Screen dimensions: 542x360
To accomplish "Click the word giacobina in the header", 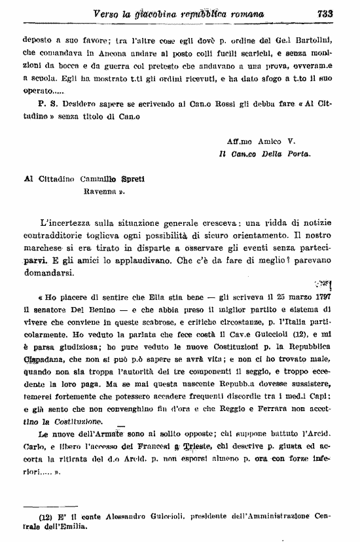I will coord(164,12).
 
